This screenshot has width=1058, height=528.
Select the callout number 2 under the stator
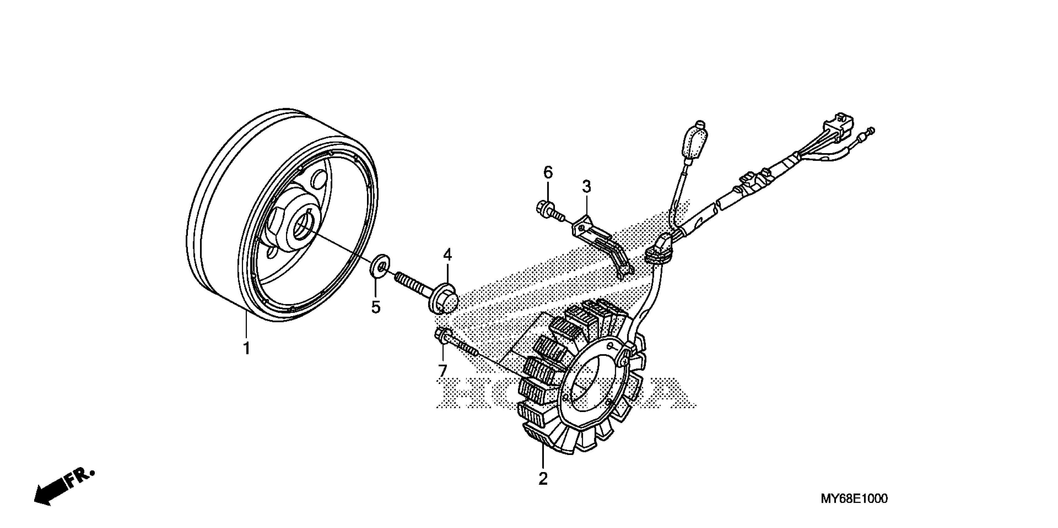point(543,479)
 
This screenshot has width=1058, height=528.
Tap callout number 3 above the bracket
point(587,187)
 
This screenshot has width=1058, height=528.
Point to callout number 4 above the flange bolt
point(447,255)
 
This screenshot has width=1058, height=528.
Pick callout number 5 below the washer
point(376,307)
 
